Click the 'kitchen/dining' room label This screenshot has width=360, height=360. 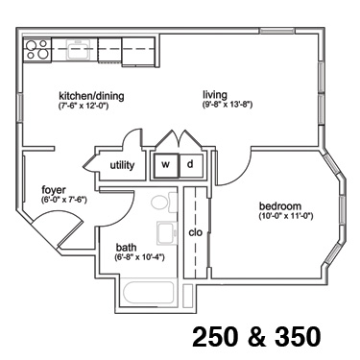pyautogui.click(x=91, y=96)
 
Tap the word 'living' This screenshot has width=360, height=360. pyautogui.click(x=215, y=95)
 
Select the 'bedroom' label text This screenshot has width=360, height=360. pyautogui.click(x=280, y=206)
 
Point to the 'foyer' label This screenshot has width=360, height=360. pyautogui.click(x=54, y=190)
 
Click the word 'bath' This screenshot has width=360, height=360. pyautogui.click(x=126, y=248)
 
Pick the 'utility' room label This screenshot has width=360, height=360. pyautogui.click(x=122, y=165)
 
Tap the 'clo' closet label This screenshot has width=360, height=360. pyautogui.click(x=195, y=232)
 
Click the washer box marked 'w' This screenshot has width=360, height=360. pyautogui.click(x=165, y=165)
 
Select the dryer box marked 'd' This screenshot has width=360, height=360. pyautogui.click(x=191, y=165)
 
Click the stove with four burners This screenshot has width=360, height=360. pyautogui.click(x=37, y=50)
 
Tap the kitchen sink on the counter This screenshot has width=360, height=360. pyautogui.click(x=78, y=49)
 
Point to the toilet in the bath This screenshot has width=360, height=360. pyautogui.click(x=164, y=203)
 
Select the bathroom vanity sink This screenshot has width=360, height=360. pyautogui.click(x=167, y=232)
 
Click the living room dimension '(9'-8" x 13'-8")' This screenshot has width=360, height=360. pyautogui.click(x=228, y=105)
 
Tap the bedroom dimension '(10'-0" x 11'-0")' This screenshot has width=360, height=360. pyautogui.click(x=286, y=216)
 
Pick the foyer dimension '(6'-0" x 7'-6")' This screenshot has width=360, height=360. pyautogui.click(x=64, y=200)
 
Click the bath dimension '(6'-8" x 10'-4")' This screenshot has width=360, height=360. pyautogui.click(x=139, y=257)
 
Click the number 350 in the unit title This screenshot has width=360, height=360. pyautogui.click(x=298, y=336)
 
